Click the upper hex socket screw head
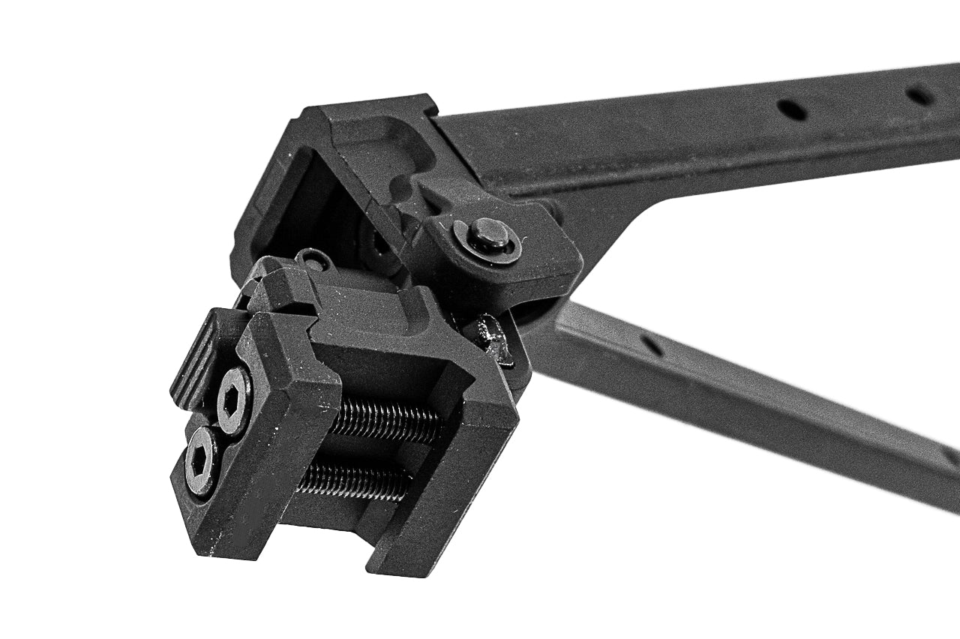234,399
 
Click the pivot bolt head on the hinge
487,235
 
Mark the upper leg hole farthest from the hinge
919,95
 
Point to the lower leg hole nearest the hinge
651,344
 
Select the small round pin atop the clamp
313,259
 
